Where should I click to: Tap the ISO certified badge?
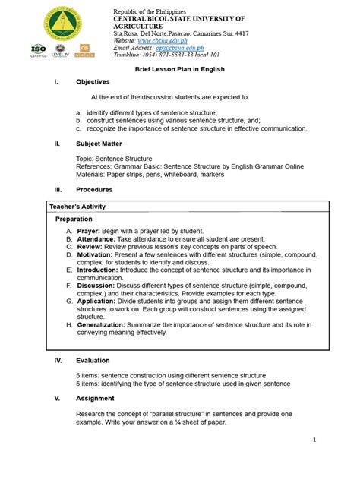click(x=39, y=50)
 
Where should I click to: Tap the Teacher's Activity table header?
click(x=77, y=207)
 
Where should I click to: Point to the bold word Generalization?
click(x=108, y=324)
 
